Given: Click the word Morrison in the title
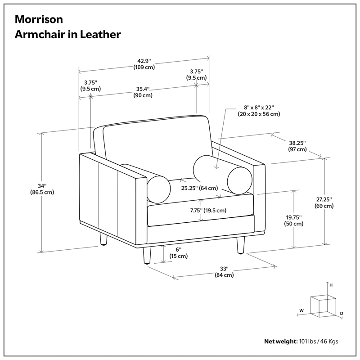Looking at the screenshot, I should coord(39,19).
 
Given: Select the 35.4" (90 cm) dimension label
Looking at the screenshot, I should coord(143,92).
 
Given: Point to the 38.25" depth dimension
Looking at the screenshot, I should coord(297,146).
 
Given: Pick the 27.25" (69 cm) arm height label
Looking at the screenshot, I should coord(324,202).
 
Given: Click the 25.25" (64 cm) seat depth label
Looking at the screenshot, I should coord(199,188).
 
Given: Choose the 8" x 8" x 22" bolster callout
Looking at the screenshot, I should coord(259,111).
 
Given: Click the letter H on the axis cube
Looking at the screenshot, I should coord(330,285).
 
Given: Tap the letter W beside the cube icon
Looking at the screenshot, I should coord(302,310).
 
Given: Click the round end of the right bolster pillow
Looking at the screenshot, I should coord(238,180).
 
